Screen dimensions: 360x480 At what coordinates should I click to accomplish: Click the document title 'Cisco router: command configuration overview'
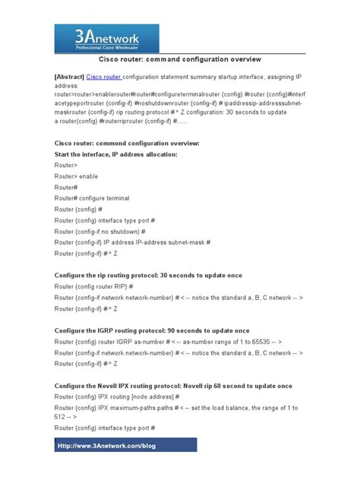(x=180, y=58)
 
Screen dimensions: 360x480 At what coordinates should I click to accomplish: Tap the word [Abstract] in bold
(x=69, y=77)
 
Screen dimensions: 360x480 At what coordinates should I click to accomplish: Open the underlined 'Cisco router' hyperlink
(x=104, y=77)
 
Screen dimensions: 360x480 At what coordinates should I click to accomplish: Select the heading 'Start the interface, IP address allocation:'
(x=116, y=154)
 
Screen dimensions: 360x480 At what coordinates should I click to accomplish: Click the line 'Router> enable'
(x=76, y=176)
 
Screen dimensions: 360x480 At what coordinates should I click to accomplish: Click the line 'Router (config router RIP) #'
(x=94, y=286)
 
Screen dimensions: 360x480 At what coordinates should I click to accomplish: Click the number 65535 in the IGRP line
(x=253, y=343)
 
